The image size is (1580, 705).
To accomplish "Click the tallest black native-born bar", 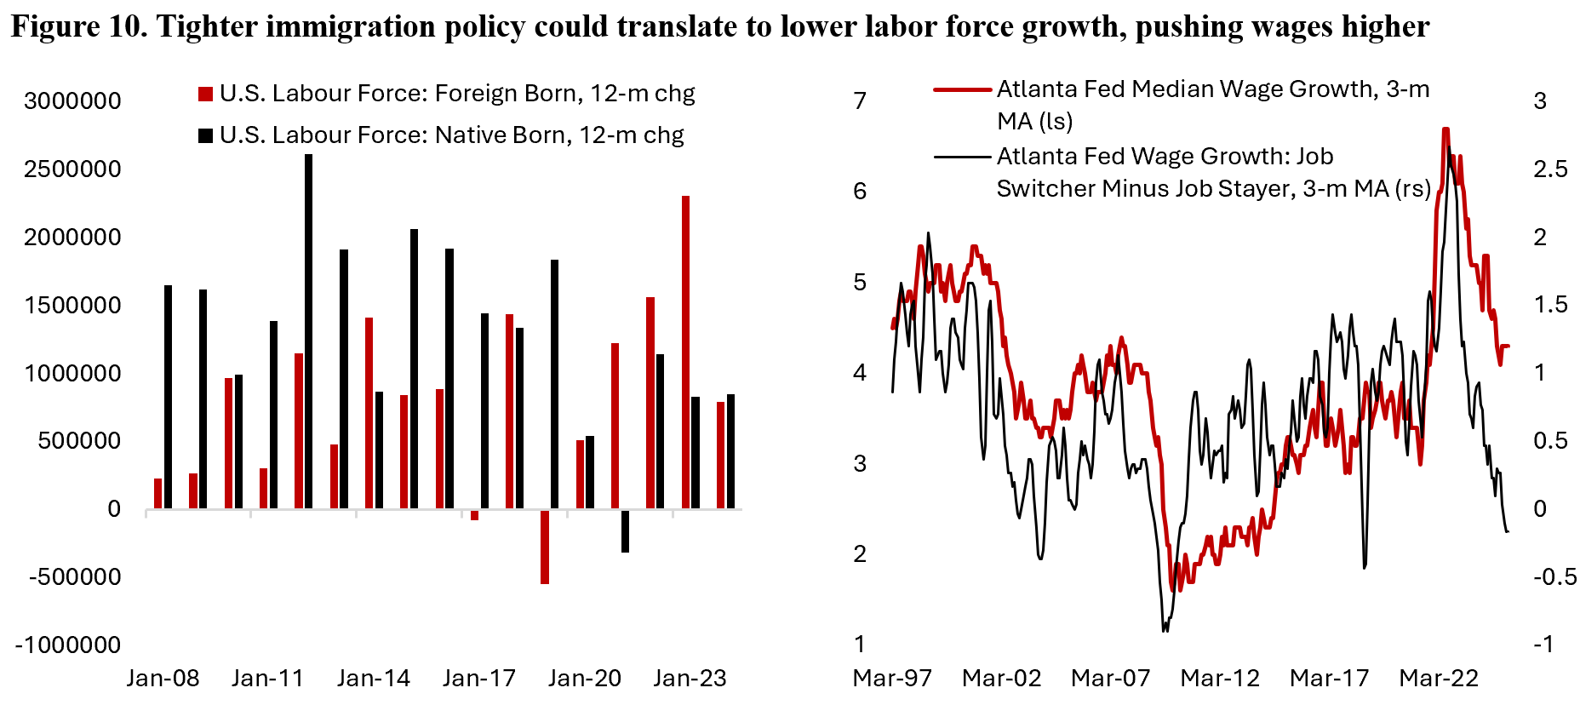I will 308,331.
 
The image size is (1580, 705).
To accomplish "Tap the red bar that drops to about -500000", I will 545,547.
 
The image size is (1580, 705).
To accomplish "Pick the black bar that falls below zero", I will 625,530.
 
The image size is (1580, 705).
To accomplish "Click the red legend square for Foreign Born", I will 205,94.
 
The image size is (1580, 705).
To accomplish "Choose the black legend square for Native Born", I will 205,135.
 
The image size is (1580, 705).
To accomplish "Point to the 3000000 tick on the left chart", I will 72,100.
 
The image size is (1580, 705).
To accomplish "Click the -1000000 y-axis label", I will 68,645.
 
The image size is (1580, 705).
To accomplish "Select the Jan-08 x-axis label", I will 163,679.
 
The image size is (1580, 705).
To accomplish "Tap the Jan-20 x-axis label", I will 584,679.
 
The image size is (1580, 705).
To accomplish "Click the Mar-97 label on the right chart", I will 892,679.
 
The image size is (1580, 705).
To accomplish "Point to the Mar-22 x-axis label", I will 1439,679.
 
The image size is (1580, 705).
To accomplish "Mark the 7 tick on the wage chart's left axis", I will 860,100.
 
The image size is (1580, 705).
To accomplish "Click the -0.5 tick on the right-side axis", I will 1554,577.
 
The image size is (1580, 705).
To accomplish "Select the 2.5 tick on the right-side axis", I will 1549,169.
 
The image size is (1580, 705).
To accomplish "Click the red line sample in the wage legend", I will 962,89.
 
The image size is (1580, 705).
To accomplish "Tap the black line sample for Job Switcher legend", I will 962,157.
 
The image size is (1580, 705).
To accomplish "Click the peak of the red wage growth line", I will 1445,129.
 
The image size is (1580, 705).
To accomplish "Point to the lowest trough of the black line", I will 1165,630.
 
